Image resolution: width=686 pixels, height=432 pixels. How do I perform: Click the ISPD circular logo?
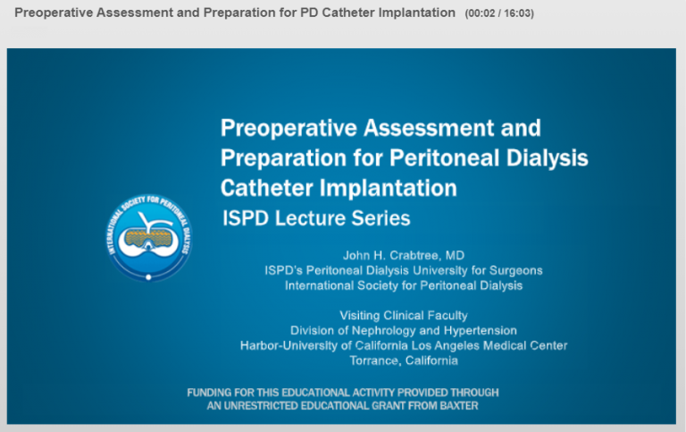tap(149, 237)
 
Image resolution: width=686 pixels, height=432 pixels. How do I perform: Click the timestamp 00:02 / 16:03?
tap(499, 13)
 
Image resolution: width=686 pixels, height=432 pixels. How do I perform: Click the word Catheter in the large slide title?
tap(267, 188)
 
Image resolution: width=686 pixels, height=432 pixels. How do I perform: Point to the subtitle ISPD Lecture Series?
tap(316, 218)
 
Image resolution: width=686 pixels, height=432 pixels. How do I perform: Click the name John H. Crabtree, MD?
tap(404, 256)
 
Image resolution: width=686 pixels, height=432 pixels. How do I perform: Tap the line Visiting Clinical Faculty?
tap(404, 316)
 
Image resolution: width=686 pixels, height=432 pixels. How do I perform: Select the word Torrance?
tap(374, 360)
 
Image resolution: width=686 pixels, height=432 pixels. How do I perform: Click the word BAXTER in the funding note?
tap(459, 406)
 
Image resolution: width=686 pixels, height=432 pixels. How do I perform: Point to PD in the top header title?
tap(309, 13)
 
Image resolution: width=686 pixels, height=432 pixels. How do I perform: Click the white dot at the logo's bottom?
tap(149, 277)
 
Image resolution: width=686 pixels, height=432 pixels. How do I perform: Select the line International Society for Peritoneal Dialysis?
tap(404, 285)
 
